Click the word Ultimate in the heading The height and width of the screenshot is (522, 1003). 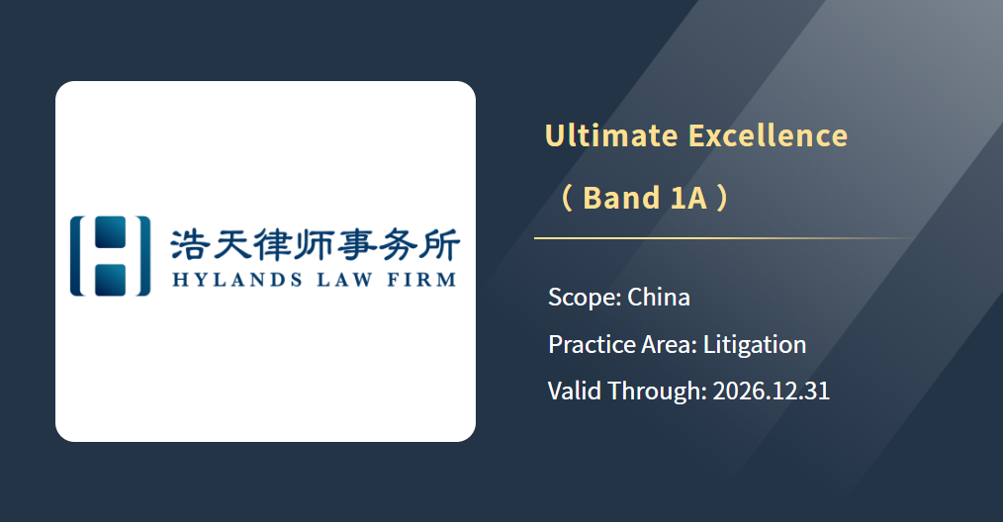611,135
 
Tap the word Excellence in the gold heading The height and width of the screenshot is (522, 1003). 769,135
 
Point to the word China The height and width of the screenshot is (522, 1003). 658,297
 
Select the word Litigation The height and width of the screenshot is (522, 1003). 755,345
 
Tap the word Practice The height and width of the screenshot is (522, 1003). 592,344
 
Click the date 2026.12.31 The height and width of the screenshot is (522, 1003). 771,391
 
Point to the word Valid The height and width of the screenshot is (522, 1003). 575,391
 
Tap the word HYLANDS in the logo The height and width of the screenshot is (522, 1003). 237,280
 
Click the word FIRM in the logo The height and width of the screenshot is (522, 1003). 421,280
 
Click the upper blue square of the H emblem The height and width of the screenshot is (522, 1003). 110,231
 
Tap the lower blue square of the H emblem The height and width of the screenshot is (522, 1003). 110,280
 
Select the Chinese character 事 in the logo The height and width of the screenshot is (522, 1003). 356,245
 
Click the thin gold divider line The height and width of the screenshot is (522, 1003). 726,238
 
